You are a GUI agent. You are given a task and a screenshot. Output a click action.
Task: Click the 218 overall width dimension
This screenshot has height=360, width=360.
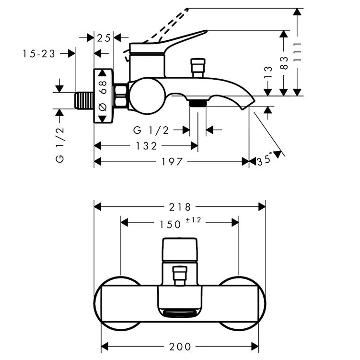coord(180,207)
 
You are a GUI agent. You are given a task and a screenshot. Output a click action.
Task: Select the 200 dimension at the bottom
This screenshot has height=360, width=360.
coord(180,347)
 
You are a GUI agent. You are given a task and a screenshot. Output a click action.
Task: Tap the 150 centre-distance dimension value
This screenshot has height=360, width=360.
coord(170,224)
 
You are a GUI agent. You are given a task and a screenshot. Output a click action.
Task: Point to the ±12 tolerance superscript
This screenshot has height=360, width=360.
coord(193,220)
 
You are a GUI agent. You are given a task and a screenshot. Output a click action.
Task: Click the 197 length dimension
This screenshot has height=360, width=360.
coord(172,162)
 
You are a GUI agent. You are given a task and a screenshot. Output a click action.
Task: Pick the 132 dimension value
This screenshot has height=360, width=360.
coord(146,146)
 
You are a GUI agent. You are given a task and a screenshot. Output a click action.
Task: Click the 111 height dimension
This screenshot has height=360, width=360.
coord(298,52)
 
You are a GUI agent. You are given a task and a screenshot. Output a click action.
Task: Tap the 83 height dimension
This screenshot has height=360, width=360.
coord(284,63)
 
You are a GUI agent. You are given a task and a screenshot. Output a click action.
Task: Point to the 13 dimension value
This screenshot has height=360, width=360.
coord(268,72)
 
